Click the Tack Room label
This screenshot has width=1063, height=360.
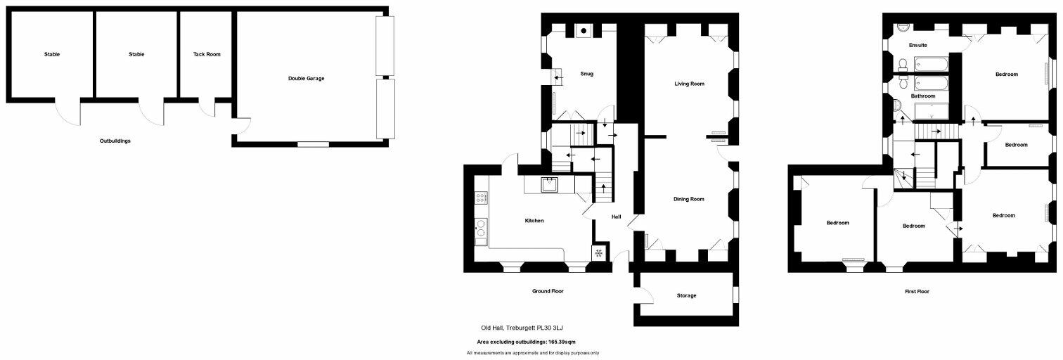pyautogui.click(x=207, y=54)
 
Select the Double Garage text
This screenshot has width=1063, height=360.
pyautogui.click(x=306, y=78)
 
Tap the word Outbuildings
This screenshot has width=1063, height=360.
pyautogui.click(x=115, y=141)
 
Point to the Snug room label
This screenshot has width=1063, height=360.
pyautogui.click(x=587, y=74)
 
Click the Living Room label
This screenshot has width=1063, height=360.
pyautogui.click(x=689, y=84)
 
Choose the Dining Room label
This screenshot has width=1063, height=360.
pyautogui.click(x=689, y=199)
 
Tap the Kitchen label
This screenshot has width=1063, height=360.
pyautogui.click(x=534, y=221)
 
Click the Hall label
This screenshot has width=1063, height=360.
pyautogui.click(x=616, y=217)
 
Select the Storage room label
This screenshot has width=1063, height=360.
pyautogui.click(x=686, y=295)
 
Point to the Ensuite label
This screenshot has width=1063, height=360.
pyautogui.click(x=917, y=45)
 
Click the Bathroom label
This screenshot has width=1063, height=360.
pyautogui.click(x=922, y=96)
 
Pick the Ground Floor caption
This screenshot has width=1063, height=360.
pyautogui.click(x=548, y=290)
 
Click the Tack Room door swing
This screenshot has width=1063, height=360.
pyautogui.click(x=207, y=108)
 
